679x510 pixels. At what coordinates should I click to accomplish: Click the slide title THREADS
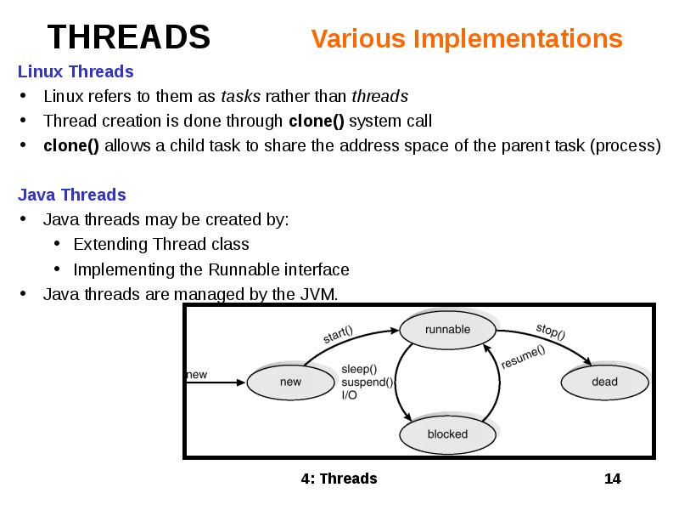click(x=128, y=37)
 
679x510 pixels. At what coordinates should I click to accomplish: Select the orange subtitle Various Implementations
click(x=466, y=39)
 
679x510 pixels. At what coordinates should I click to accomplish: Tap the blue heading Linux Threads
click(x=76, y=71)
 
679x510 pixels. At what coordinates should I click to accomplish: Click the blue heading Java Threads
click(x=72, y=195)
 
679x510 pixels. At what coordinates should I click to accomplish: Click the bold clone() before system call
click(x=317, y=121)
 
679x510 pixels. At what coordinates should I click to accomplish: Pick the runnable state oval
click(x=447, y=330)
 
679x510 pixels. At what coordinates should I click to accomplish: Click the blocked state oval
click(x=447, y=434)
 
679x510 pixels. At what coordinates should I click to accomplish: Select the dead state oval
click(x=604, y=382)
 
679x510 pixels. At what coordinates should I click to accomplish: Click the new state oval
click(x=290, y=382)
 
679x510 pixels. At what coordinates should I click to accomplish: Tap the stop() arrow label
click(x=550, y=330)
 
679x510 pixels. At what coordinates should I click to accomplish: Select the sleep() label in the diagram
click(x=359, y=369)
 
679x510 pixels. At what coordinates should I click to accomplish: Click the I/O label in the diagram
click(x=350, y=394)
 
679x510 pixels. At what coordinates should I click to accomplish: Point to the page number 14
click(x=612, y=479)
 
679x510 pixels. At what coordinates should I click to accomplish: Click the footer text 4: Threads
click(x=339, y=479)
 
